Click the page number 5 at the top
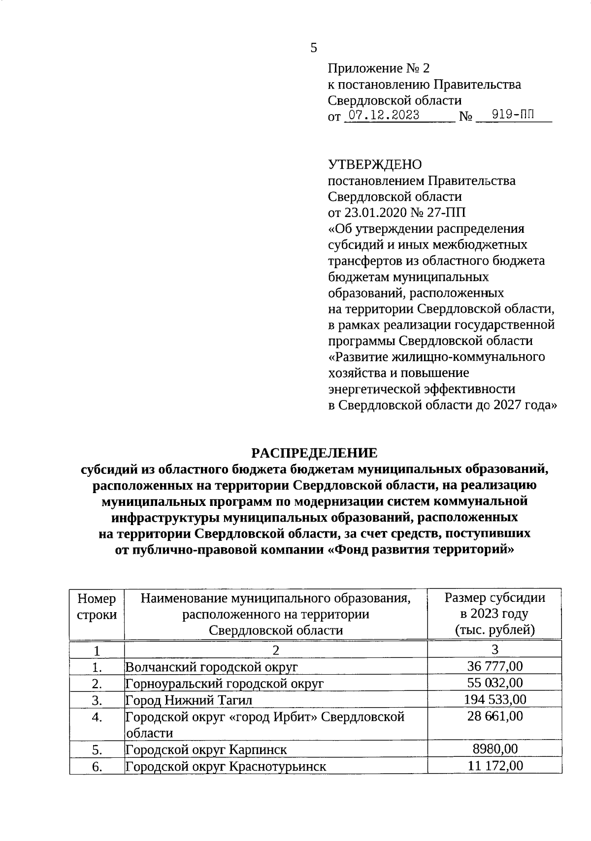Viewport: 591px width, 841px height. click(314, 48)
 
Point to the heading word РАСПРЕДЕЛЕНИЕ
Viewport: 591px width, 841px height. click(314, 453)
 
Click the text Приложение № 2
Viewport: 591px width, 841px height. click(378, 68)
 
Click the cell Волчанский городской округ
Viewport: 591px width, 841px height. click(212, 667)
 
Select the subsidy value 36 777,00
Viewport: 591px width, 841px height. click(494, 666)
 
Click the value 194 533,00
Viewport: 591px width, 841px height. click(494, 699)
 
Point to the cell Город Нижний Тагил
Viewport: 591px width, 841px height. click(189, 700)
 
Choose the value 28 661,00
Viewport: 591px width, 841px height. click(494, 716)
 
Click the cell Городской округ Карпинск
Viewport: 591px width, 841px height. click(206, 749)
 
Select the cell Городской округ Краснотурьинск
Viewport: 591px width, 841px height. click(226, 766)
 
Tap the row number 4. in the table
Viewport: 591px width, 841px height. click(97, 717)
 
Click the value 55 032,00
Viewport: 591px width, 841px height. click(494, 683)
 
